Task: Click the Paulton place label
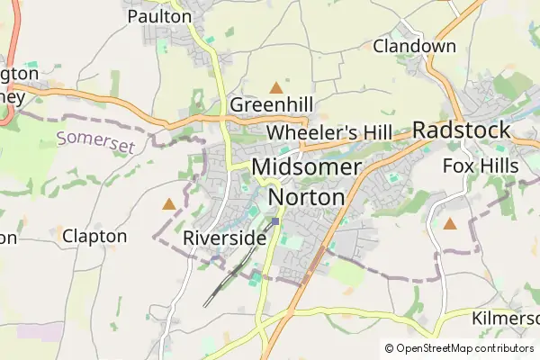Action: pos(159,16)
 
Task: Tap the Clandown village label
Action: pos(415,45)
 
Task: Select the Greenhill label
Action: pos(270,104)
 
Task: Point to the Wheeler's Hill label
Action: pos(329,133)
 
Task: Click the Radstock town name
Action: pos(462,130)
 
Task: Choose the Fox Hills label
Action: pos(481,166)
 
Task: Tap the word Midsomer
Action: pos(307,166)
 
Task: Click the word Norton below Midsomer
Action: pos(307,196)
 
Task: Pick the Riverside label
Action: pos(224,238)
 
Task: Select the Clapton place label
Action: pos(94,236)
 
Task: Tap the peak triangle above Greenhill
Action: pos(275,87)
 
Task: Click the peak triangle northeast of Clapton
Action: pos(168,204)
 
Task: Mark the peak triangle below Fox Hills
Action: pos(449,222)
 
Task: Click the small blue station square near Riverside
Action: pos(275,220)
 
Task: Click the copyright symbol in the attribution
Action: pos(390,348)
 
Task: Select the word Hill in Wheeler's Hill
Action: pos(373,133)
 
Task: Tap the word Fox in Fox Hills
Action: pos(458,166)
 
